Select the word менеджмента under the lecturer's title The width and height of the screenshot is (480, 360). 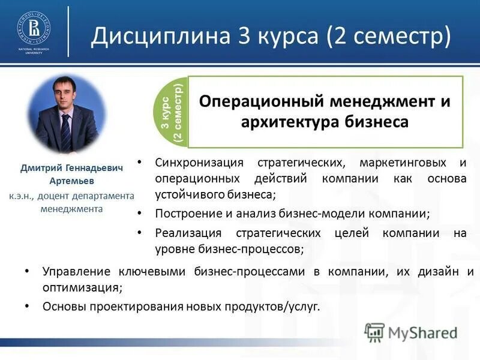pyautogui.click(x=71, y=209)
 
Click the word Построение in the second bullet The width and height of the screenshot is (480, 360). pyautogui.click(x=184, y=214)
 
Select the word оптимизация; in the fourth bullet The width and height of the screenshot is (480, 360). pyautogui.click(x=82, y=287)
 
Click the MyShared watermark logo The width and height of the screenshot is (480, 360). pyautogui.click(x=412, y=332)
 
